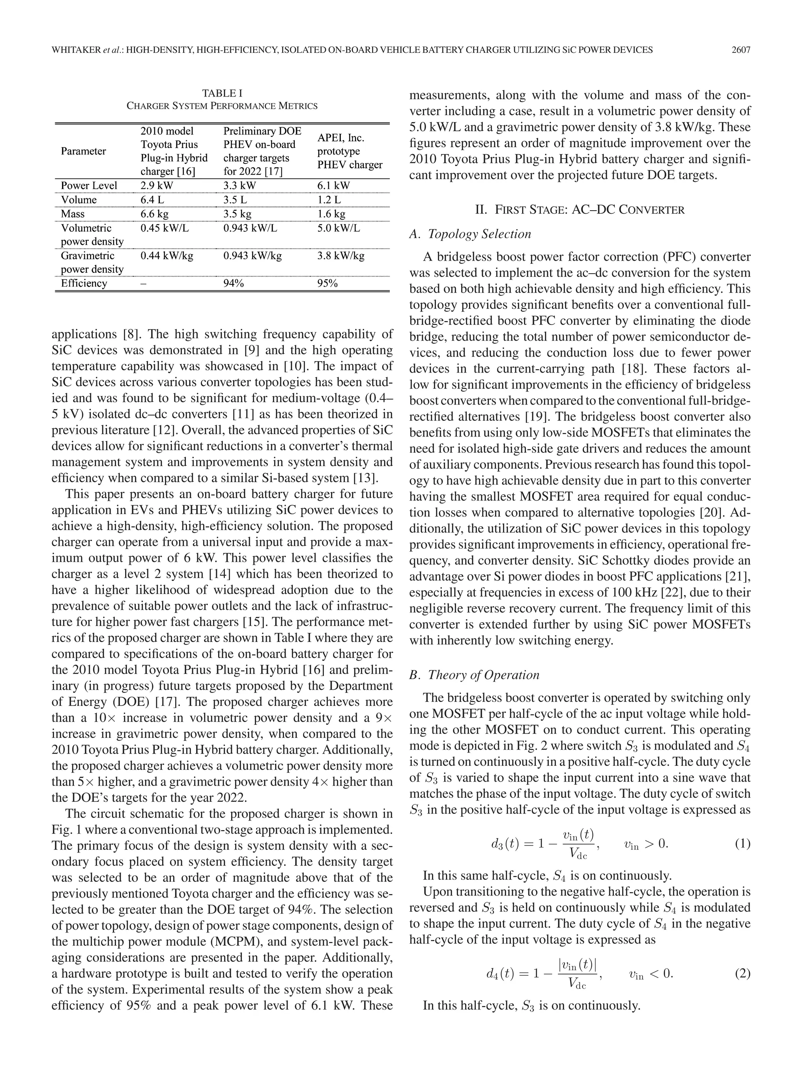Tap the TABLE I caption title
click(x=222, y=93)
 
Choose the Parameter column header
click(x=83, y=151)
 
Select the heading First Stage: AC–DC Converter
click(x=580, y=210)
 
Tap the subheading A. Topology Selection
click(x=470, y=234)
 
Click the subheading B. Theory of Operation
click(x=474, y=675)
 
